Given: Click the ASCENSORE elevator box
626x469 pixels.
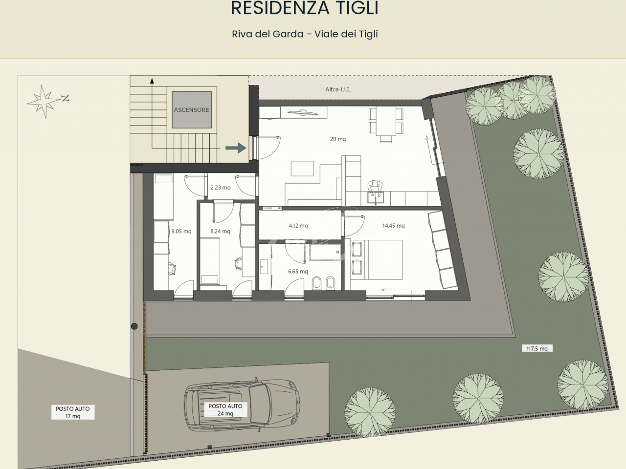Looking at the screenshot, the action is [192, 110].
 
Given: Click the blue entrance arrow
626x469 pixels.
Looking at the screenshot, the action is [236, 148].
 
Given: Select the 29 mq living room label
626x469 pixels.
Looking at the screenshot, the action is [337, 139].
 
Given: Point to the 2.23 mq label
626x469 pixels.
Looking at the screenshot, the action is [221, 188].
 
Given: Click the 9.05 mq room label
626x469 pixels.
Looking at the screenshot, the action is [181, 231].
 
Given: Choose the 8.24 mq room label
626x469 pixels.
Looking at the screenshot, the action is [220, 231].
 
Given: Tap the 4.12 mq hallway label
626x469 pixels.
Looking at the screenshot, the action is [298, 226].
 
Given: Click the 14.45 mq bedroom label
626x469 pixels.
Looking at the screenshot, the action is [393, 226].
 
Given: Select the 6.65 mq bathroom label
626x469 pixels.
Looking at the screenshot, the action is [298, 271].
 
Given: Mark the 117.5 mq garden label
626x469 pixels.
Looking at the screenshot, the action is [537, 348].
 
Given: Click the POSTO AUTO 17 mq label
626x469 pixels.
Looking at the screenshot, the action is [73, 412].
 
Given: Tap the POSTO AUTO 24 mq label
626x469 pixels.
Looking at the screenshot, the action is [225, 409].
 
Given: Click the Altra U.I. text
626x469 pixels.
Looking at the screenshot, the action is [338, 89].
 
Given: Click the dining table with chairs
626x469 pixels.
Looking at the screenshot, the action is [386, 125].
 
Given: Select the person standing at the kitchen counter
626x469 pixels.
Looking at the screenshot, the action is [375, 188].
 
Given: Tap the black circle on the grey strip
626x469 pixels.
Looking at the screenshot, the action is [134, 326].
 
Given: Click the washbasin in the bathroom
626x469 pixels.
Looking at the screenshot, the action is [264, 266].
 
